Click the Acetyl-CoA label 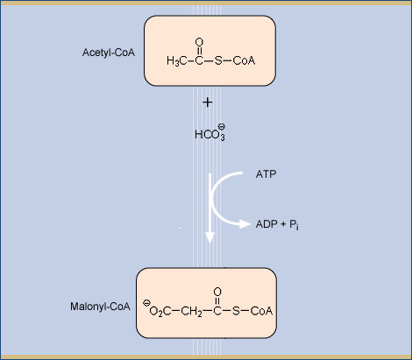point(109,53)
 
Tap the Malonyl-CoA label point(100,307)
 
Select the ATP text point(266,174)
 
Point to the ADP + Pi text point(277,224)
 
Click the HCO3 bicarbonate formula point(210,135)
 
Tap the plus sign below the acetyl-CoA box point(208,102)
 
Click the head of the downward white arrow point(210,237)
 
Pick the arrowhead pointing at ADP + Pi point(245,224)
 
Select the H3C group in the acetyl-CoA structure point(176,60)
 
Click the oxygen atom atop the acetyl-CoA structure point(199,42)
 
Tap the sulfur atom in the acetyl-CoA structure point(218,60)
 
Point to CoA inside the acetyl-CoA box point(244,60)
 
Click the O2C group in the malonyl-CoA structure point(160,311)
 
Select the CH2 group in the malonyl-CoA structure point(191,311)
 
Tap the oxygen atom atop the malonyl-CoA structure point(217,292)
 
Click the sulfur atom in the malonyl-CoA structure point(236,311)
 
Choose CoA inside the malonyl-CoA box point(261,311)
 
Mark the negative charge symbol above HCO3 point(222,126)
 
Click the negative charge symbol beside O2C point(146,303)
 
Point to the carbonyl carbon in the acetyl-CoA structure point(199,60)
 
